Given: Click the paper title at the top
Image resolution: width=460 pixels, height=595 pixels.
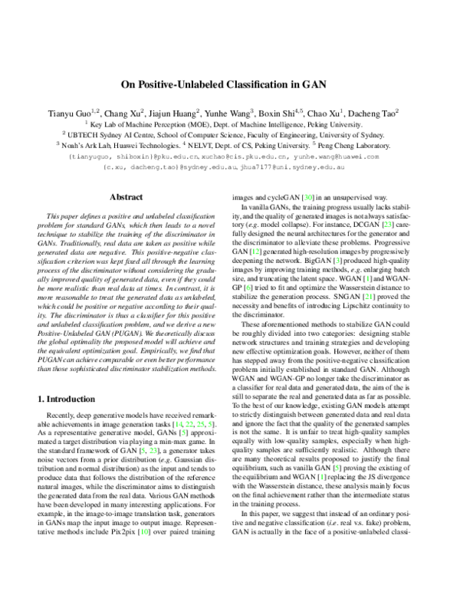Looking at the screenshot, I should click(230, 87).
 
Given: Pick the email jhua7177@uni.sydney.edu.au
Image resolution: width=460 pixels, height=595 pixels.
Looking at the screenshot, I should click(289, 166).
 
